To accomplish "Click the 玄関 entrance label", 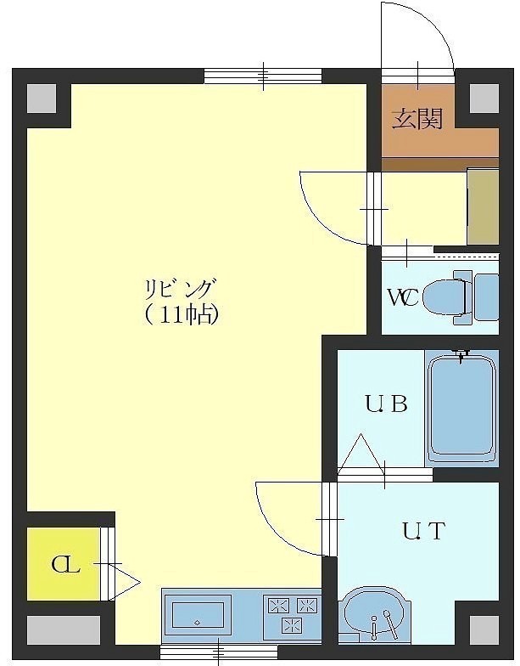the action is (x=417, y=119).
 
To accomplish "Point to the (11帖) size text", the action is (x=182, y=315).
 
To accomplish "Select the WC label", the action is (x=404, y=297).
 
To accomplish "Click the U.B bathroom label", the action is (x=387, y=404).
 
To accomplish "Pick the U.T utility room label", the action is (x=424, y=531).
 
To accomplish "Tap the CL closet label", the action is (x=65, y=566).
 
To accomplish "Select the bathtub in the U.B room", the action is (x=461, y=409).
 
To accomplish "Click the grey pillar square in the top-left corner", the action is (x=42, y=99).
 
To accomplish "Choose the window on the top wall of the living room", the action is (x=263, y=76).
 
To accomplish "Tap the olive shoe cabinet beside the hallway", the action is (x=484, y=206).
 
